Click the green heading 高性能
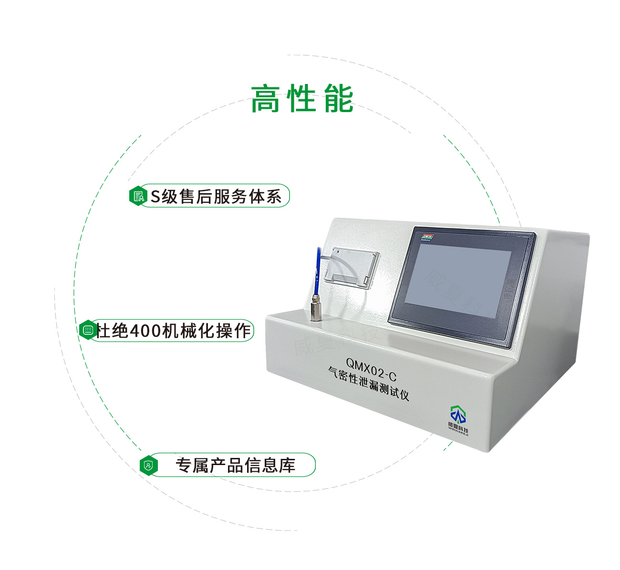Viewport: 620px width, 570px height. click(302, 99)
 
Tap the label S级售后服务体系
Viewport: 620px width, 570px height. click(216, 196)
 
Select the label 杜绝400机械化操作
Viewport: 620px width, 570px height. click(174, 331)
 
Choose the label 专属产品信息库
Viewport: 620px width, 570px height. click(236, 465)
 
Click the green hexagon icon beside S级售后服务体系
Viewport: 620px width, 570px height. click(138, 196)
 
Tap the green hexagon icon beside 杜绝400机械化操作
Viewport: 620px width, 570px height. click(88, 330)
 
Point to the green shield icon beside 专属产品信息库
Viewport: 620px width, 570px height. click(149, 465)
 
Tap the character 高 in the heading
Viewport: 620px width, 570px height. click(265, 99)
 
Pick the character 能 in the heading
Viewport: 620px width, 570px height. click(339, 99)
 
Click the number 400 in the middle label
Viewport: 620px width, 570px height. click(145, 331)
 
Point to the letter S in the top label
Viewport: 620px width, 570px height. click(155, 197)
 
